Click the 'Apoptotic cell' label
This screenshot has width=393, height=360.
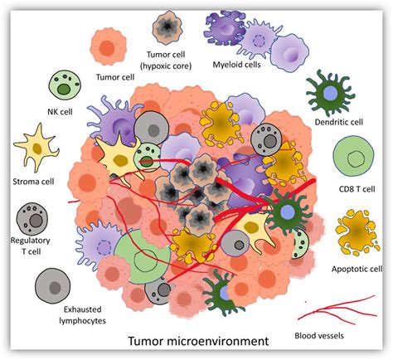coord(356,269)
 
